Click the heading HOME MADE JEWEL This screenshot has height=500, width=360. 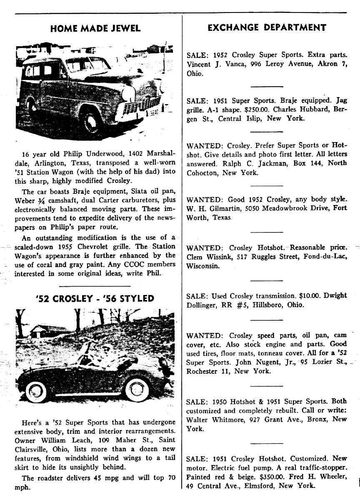(x=95, y=28)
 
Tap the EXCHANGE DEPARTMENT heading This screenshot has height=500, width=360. (x=267, y=28)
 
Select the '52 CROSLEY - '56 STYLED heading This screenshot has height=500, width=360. (x=95, y=298)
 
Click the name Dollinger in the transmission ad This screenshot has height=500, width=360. (x=202, y=305)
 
